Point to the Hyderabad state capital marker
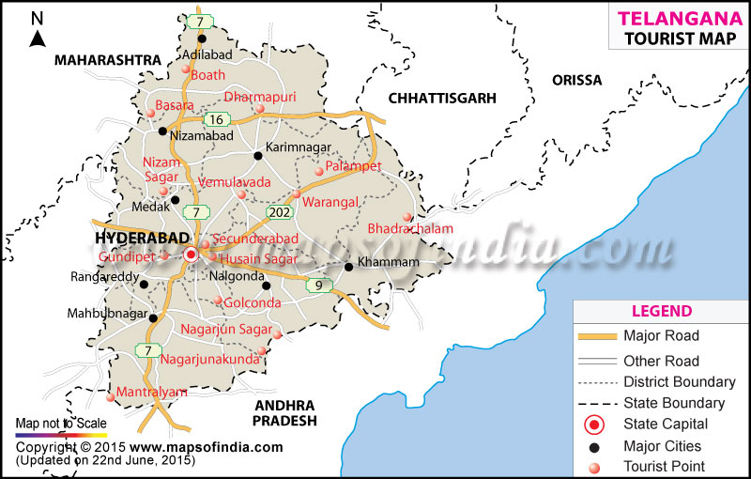(x=192, y=255)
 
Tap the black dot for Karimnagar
(x=258, y=156)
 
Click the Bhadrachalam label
(x=410, y=228)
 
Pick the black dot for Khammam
(x=348, y=268)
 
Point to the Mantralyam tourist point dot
(x=111, y=397)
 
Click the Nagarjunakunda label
(x=209, y=359)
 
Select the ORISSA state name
(x=576, y=80)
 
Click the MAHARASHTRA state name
(x=108, y=59)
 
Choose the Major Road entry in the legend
(x=661, y=335)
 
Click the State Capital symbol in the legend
(x=592, y=425)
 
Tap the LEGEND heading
(x=662, y=311)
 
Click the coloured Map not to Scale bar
(x=61, y=435)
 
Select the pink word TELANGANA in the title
(x=667, y=17)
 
